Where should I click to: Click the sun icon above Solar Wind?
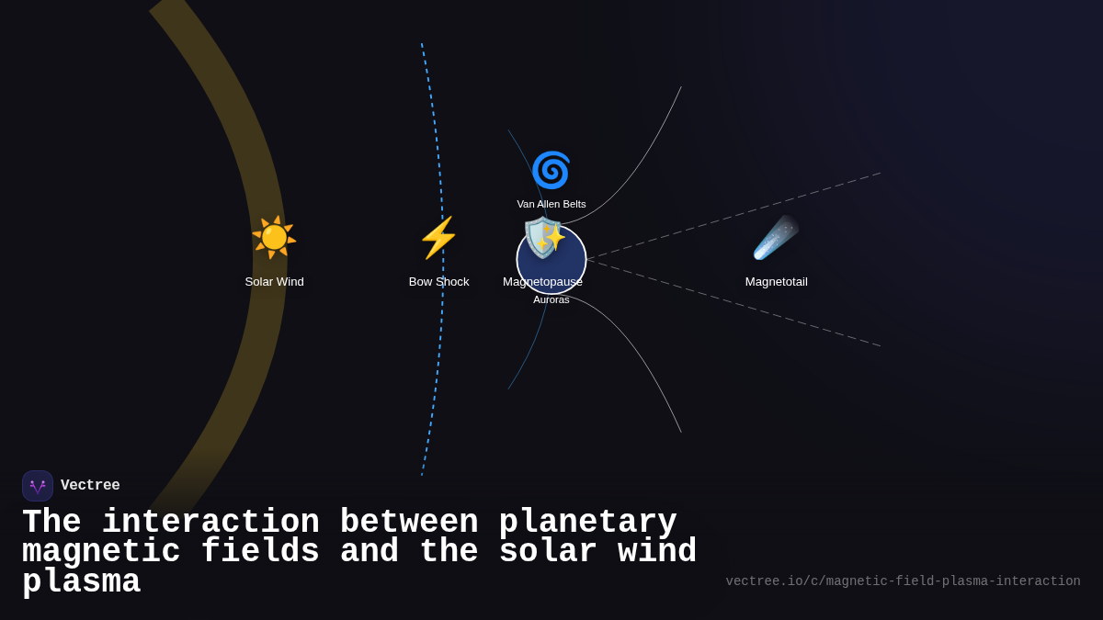click(274, 238)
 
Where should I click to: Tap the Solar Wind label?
click(274, 282)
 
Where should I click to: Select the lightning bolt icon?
click(438, 238)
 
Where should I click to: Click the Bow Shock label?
click(438, 282)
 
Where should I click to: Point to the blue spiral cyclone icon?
click(551, 170)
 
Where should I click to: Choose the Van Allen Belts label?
click(551, 204)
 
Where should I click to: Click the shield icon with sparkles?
click(544, 238)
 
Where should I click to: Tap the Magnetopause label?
click(542, 282)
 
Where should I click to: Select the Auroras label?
click(551, 299)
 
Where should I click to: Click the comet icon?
click(776, 238)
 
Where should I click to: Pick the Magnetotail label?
click(776, 282)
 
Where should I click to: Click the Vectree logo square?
click(38, 486)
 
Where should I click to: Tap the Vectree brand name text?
click(90, 486)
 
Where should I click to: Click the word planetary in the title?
click(587, 523)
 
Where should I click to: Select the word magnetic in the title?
click(101, 552)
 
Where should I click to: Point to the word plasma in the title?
click(81, 582)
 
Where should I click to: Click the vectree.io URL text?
click(903, 581)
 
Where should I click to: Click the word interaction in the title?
click(210, 523)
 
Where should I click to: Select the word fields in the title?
click(260, 552)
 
